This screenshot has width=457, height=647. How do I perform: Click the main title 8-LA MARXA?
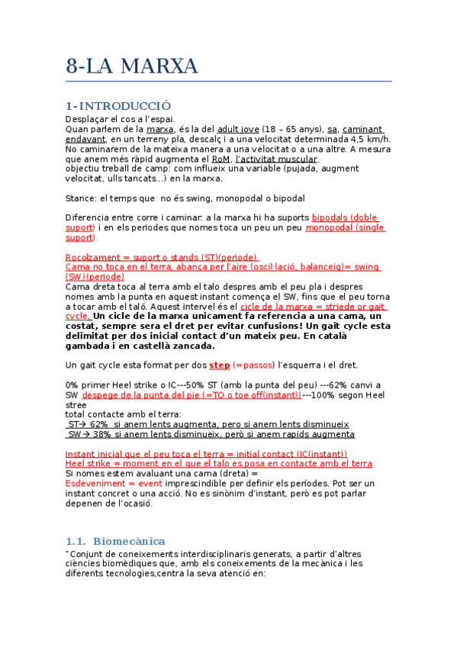pyautogui.click(x=132, y=66)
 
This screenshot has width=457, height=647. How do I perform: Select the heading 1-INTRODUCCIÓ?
pyautogui.click(x=118, y=105)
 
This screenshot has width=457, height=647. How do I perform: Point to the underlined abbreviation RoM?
pyautogui.click(x=221, y=159)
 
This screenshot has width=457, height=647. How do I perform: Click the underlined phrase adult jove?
pyautogui.click(x=238, y=129)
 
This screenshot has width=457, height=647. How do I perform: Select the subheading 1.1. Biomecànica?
pyautogui.click(x=115, y=541)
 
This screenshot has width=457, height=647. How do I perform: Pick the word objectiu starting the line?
pyautogui.click(x=86, y=169)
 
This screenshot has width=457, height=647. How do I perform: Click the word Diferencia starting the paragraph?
pyautogui.click(x=92, y=217)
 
